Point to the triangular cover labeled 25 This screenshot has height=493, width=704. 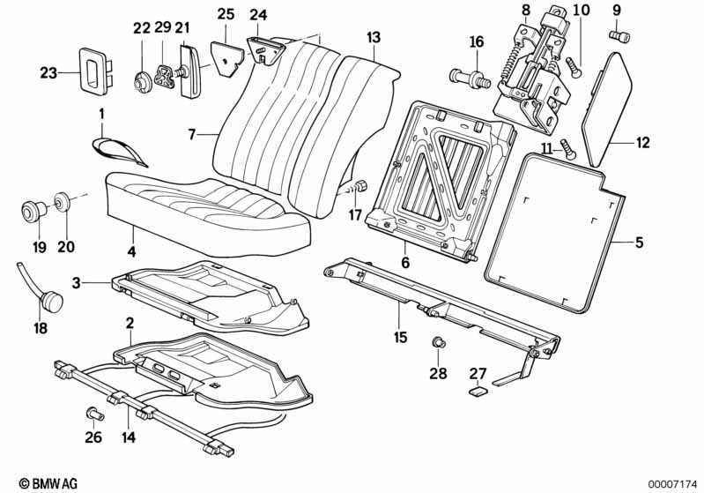pyautogui.click(x=226, y=55)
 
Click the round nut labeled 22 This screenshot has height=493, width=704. pyautogui.click(x=141, y=81)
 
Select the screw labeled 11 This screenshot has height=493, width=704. pyautogui.click(x=568, y=151)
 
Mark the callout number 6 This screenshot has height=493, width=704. pyautogui.click(x=405, y=262)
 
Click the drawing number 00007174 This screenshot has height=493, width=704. pyautogui.click(x=672, y=483)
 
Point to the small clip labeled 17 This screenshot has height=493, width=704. pyautogui.click(x=360, y=188)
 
